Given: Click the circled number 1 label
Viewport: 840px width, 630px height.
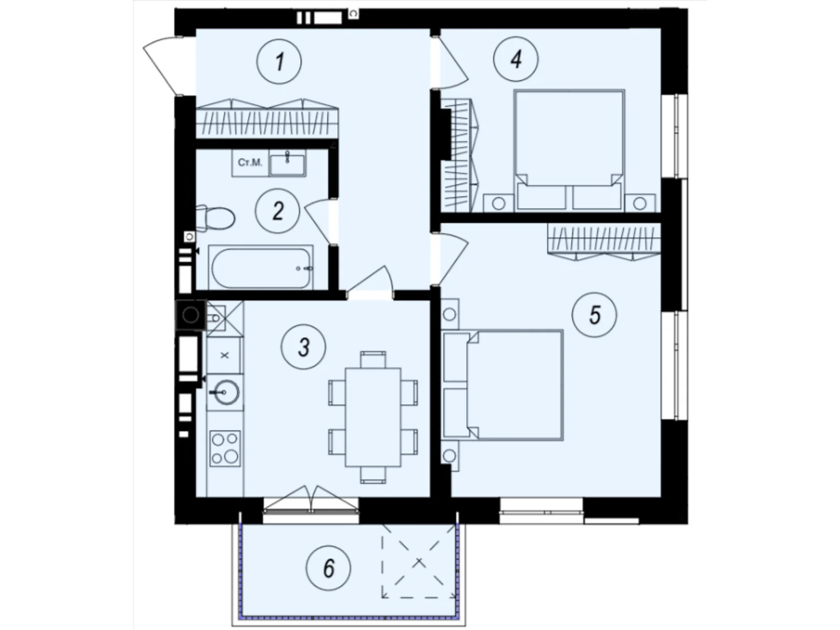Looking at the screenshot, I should (x=279, y=61).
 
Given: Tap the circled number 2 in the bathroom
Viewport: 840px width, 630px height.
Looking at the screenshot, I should (x=277, y=211).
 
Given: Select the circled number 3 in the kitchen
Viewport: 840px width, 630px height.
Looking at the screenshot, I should (x=303, y=347).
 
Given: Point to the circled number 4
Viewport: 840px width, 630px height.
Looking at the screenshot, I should (x=516, y=59).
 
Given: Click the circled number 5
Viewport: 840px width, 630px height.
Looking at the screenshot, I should (x=594, y=315).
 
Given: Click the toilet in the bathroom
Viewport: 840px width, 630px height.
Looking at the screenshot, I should (x=215, y=218).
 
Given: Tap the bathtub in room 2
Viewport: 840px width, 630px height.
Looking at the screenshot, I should (x=261, y=268).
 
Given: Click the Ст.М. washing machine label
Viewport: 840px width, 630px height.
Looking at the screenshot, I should (x=250, y=163).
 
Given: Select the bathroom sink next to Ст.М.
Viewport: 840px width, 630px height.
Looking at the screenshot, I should (x=287, y=163).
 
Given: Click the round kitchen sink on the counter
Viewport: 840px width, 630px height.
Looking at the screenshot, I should (x=226, y=392).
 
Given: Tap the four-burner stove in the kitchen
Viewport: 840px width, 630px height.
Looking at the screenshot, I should (x=225, y=448).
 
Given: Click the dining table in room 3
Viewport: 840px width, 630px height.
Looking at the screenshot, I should (x=373, y=417).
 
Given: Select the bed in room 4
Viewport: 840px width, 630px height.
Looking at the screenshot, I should (x=569, y=150).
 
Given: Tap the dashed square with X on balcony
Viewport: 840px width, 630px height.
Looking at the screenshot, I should (x=418, y=562).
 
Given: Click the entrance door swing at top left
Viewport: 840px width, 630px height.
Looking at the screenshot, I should (x=163, y=66).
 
